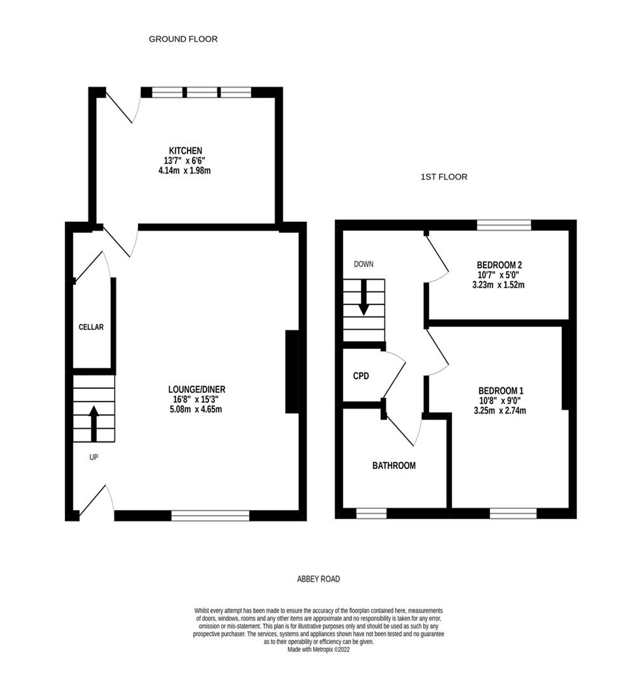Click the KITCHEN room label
185,151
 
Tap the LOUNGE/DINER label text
196,389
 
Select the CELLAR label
91,327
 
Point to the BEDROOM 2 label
499,265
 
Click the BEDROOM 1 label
501,391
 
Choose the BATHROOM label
394,466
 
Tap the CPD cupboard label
361,376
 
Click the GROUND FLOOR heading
183,39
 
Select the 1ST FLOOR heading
444,177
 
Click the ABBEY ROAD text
318,579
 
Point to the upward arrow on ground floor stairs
94,423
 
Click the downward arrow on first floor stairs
363,297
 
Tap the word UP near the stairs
94,457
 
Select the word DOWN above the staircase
363,264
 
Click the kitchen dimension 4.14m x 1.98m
184,170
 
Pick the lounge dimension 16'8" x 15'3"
196,400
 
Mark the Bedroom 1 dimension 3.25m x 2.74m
500,411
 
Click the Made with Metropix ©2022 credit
319,649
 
